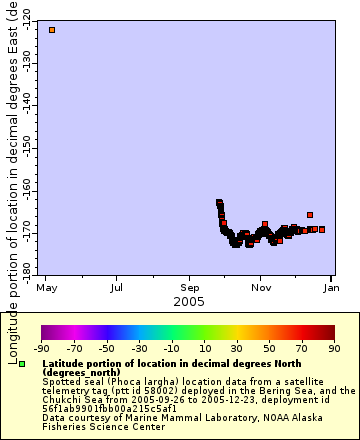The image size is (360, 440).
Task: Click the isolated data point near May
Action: tap(52, 30)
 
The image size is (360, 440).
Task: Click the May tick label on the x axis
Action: tap(45, 288)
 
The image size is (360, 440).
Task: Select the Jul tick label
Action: tap(117, 288)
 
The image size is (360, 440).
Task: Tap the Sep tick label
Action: tap(190, 288)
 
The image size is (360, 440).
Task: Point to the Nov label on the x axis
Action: tap(262, 288)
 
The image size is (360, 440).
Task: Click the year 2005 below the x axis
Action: tap(189, 301)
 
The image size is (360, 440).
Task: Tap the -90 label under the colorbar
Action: tap(42, 348)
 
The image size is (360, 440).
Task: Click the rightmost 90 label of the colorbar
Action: tap(333, 348)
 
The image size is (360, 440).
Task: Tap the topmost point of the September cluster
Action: tap(219, 202)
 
